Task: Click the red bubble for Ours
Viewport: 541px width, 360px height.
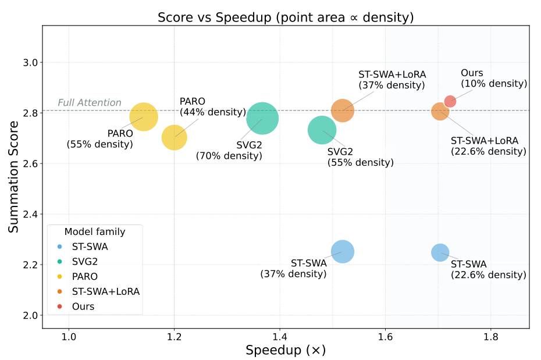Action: click(450, 102)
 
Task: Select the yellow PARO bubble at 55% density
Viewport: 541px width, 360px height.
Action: click(144, 116)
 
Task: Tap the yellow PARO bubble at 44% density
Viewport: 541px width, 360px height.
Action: click(174, 137)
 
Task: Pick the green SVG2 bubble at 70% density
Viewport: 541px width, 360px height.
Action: click(262, 119)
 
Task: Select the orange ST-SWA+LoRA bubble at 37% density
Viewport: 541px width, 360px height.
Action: click(343, 111)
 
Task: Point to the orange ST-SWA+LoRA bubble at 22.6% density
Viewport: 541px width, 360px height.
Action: click(440, 111)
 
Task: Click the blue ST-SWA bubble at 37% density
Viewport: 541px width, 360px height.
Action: click(343, 251)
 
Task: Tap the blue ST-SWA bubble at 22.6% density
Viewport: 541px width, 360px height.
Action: click(440, 252)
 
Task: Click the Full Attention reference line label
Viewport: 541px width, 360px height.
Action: click(89, 103)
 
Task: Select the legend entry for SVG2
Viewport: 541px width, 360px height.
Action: click(84, 261)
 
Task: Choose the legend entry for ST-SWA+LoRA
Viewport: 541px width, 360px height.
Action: click(105, 291)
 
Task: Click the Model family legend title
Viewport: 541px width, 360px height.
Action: click(94, 231)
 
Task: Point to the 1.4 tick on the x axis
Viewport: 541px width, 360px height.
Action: click(280, 336)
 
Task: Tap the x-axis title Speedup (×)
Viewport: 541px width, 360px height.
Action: click(285, 350)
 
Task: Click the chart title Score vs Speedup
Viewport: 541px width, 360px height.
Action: click(285, 17)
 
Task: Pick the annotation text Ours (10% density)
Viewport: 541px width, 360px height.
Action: click(493, 79)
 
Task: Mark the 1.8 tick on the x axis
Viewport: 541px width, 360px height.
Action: click(490, 336)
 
